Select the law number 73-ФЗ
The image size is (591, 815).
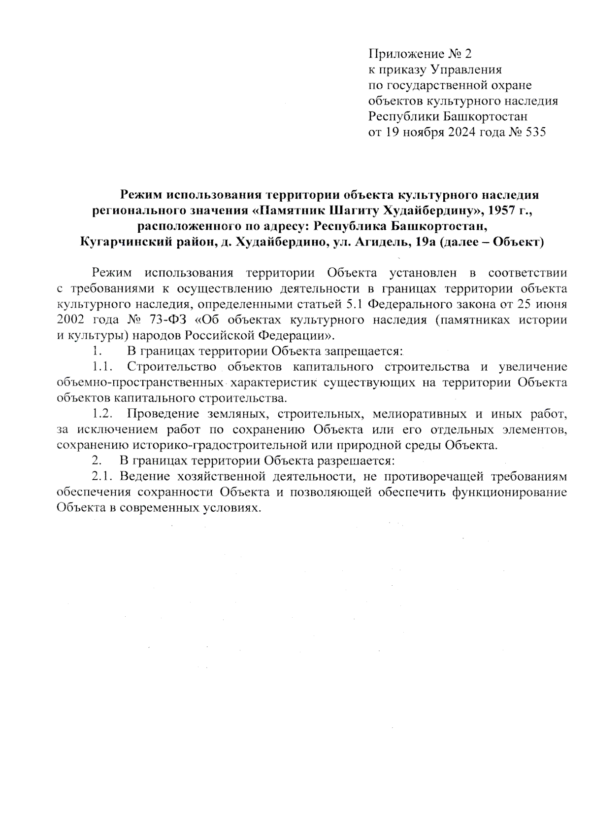click(165, 320)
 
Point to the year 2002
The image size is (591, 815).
click(72, 320)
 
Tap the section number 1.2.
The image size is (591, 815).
click(104, 413)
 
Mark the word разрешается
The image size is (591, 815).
click(355, 461)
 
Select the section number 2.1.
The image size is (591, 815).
click(102, 477)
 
